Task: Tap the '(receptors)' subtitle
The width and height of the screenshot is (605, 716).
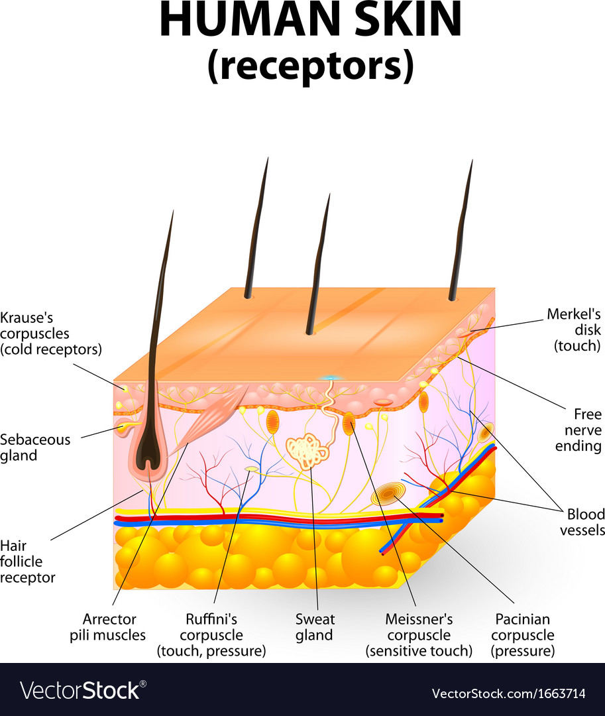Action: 310,67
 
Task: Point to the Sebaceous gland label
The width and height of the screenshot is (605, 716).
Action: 35,447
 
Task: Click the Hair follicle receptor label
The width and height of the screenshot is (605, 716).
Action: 28,561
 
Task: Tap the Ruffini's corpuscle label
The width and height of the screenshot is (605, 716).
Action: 211,635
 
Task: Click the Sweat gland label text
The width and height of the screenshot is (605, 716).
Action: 315,627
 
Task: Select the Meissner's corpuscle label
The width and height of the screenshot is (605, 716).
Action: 419,635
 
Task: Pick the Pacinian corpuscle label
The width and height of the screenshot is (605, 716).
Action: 523,635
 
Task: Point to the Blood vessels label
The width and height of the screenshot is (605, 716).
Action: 582,522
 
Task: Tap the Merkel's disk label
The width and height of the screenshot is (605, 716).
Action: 574,329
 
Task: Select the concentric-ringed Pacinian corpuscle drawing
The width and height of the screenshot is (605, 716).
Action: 389,494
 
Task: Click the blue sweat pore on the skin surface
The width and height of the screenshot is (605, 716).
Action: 329,379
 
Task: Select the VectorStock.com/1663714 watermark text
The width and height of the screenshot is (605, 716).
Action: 508,693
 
